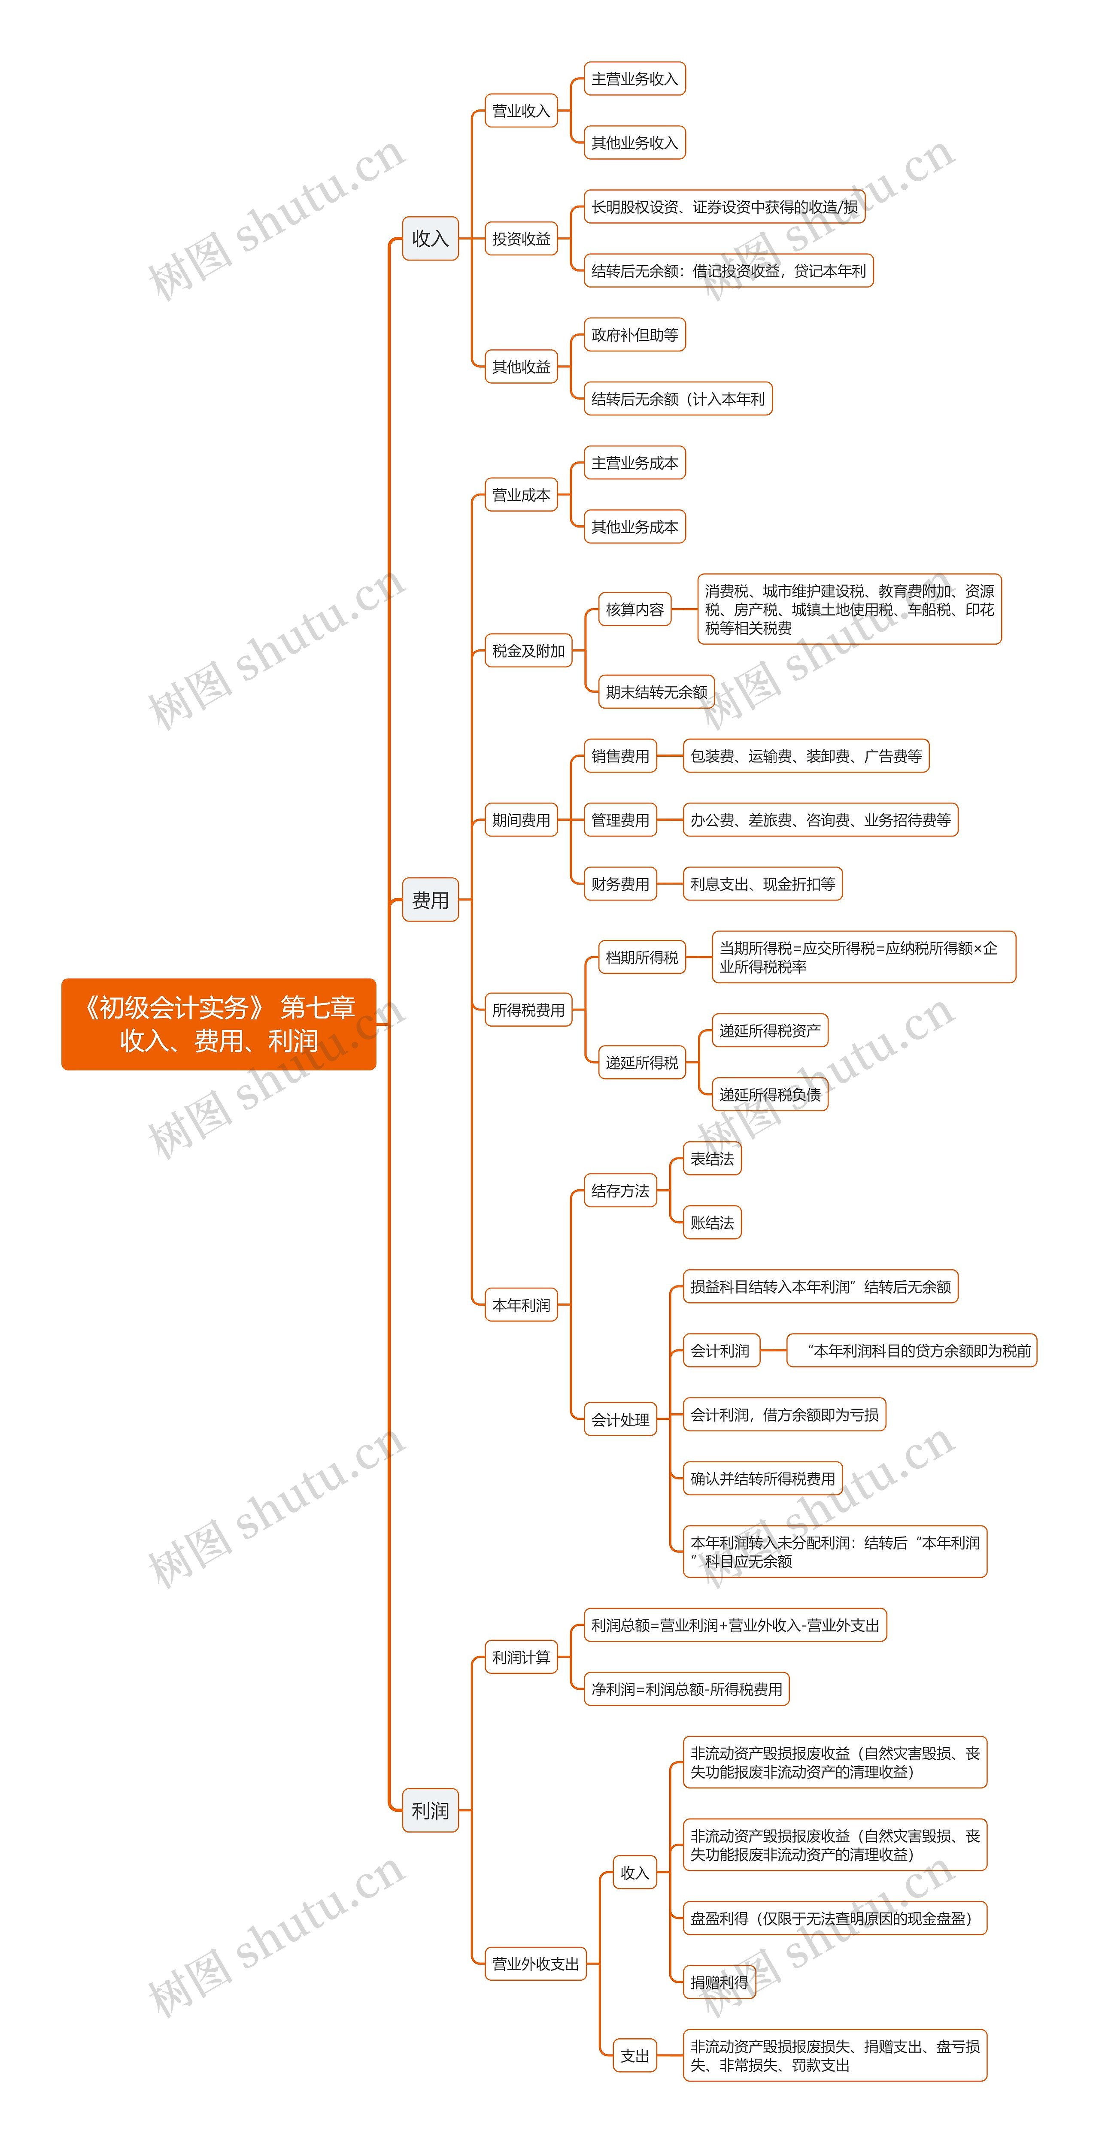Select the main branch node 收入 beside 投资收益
tap(430, 239)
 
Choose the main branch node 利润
tap(430, 1810)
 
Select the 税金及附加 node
tap(528, 651)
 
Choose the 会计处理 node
tap(620, 1419)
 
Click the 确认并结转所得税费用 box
tap(762, 1478)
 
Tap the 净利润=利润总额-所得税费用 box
tap(686, 1689)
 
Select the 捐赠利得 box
tap(719, 1982)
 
